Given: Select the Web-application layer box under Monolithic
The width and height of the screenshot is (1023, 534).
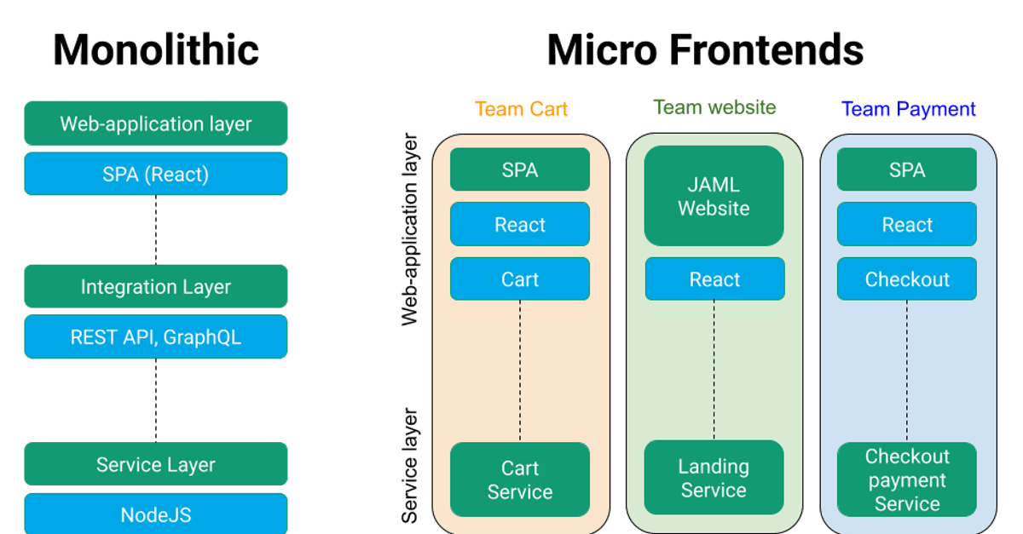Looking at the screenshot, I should pyautogui.click(x=156, y=123).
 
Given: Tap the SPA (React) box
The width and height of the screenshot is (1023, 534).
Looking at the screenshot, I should pyautogui.click(x=156, y=175).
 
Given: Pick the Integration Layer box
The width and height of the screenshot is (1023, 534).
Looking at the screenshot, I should pyautogui.click(x=156, y=286).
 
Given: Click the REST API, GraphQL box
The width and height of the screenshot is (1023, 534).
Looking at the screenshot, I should pyautogui.click(x=156, y=336).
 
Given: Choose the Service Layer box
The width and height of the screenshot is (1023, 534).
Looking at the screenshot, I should pyautogui.click(x=156, y=464).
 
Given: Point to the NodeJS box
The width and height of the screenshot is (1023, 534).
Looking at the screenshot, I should pyautogui.click(x=156, y=514).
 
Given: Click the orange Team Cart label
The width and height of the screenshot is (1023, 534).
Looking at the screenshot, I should pyautogui.click(x=521, y=109).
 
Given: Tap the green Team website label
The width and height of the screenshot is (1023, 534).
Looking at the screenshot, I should pyautogui.click(x=714, y=108).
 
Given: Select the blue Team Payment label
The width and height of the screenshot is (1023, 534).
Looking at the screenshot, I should pyautogui.click(x=908, y=109).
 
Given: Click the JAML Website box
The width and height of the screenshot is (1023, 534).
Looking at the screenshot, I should pyautogui.click(x=714, y=196).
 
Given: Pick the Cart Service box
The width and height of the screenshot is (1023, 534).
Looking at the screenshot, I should pyautogui.click(x=520, y=479).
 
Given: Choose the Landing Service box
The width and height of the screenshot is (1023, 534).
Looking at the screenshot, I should pyautogui.click(x=714, y=478).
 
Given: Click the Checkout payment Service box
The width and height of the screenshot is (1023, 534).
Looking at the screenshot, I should pyautogui.click(x=907, y=479).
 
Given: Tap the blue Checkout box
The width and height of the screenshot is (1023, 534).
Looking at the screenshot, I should pyautogui.click(x=907, y=279).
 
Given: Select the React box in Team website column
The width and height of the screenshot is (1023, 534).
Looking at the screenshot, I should pyautogui.click(x=714, y=279).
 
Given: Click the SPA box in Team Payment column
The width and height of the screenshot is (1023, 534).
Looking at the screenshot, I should pyautogui.click(x=907, y=170).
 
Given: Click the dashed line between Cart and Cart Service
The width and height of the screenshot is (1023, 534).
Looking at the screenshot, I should pyautogui.click(x=520, y=370).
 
